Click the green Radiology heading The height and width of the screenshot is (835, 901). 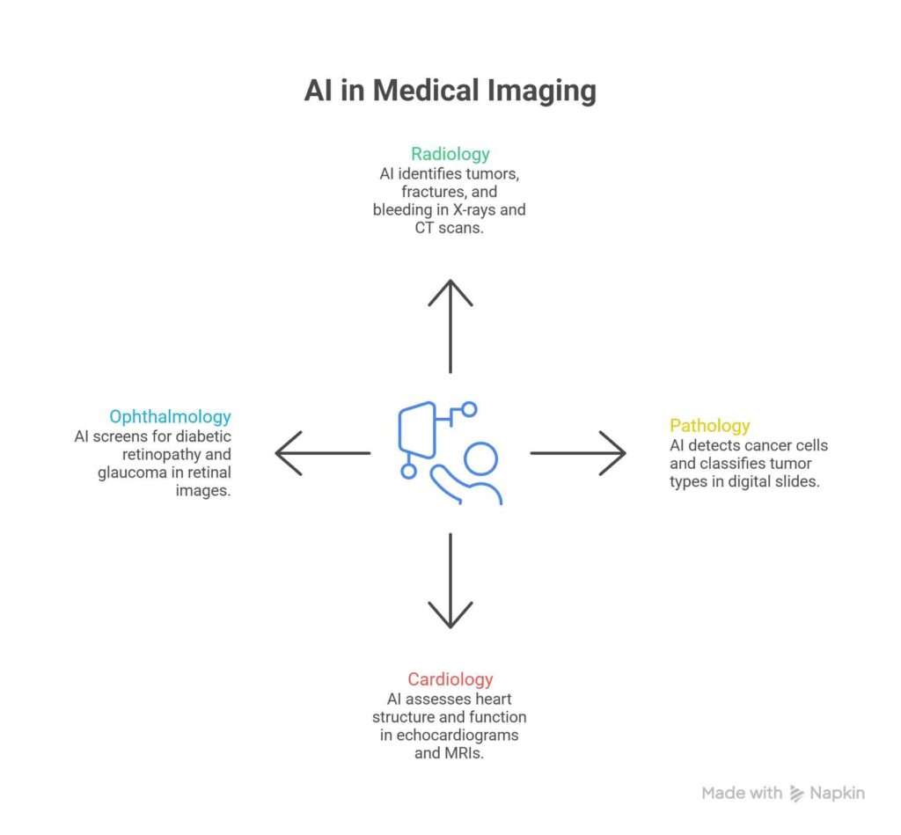click(450, 154)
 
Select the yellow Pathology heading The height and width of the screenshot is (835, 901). click(710, 425)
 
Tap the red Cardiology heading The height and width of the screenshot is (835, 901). click(450, 679)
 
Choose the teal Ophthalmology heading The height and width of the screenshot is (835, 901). click(170, 416)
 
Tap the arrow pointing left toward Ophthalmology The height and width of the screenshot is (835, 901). click(322, 453)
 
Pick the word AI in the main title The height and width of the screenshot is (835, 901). click(319, 91)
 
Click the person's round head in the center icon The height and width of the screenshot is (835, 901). click(480, 458)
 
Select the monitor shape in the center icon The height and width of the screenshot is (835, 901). click(418, 430)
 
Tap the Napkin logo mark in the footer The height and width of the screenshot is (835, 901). click(797, 793)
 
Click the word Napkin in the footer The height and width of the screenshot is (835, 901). click(838, 793)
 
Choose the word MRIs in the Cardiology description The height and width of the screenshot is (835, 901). click(465, 754)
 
